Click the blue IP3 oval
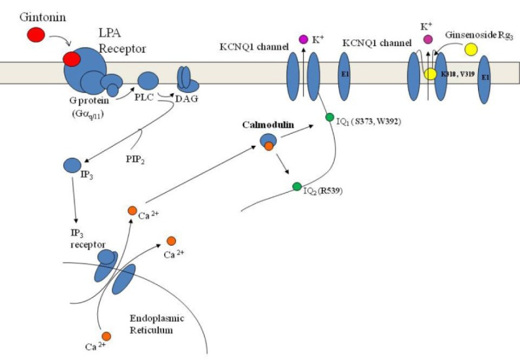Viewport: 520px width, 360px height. pos(72,166)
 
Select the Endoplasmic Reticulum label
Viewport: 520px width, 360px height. pos(155,324)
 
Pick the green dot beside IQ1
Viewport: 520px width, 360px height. pos(330,118)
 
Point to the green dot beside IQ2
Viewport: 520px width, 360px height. pos(297,187)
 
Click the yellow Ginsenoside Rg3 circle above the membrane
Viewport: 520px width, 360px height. pos(470,49)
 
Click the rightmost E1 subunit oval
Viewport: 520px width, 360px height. pos(484,79)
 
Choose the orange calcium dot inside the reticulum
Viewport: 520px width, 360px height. pos(106,336)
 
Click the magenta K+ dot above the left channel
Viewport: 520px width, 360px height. pos(303,39)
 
